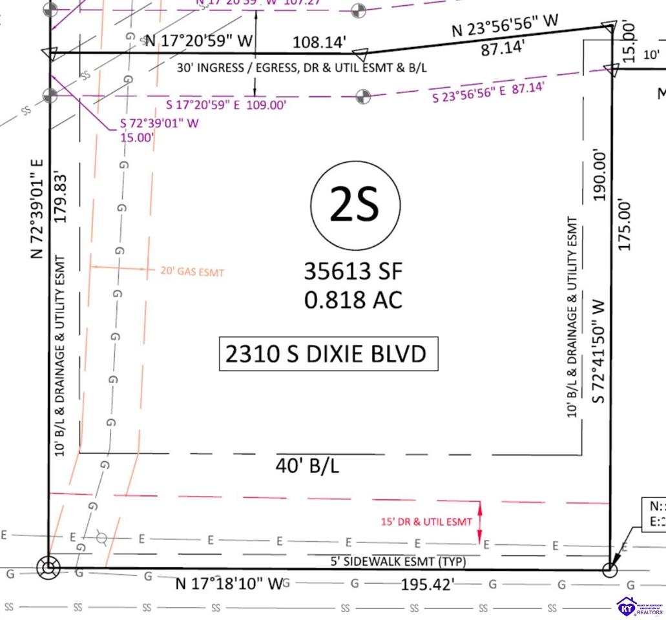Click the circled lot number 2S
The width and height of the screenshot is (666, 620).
pos(353,205)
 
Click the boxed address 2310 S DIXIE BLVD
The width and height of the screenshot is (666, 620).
pos(328,354)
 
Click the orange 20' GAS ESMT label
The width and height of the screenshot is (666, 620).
pos(193,272)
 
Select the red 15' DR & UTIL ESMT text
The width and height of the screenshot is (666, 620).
pos(426,522)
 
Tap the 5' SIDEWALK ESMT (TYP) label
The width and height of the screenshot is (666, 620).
pos(398,562)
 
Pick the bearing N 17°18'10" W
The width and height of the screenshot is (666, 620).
pos(230,584)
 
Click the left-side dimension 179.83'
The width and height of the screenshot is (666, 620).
pos(61,197)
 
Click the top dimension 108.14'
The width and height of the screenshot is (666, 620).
pos(319,43)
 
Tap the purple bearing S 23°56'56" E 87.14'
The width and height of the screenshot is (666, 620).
pos(488,92)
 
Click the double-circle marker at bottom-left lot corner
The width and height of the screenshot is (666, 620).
pos(48,568)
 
